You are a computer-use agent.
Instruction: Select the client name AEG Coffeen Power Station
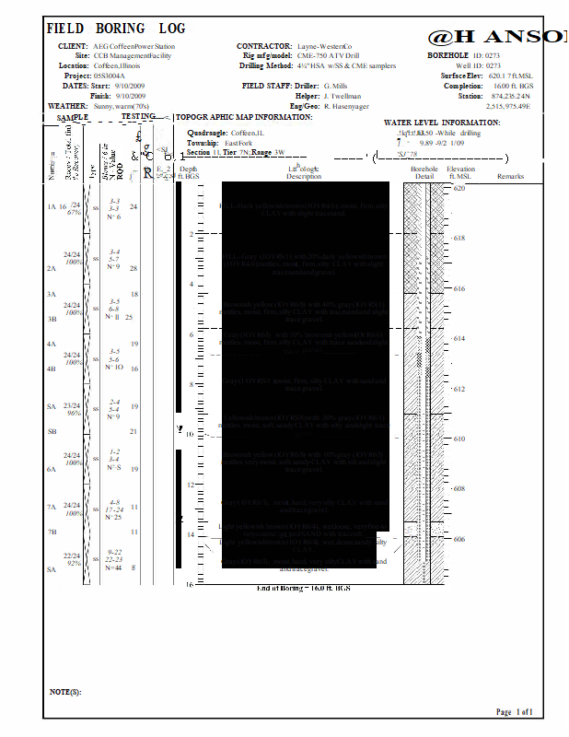coord(134,46)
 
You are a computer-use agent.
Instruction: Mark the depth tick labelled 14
coord(190,534)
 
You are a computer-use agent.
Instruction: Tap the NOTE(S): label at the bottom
coord(65,691)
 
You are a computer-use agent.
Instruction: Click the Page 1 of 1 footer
coord(515,712)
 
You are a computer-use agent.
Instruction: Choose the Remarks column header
coord(510,176)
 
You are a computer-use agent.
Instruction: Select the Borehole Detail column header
coord(424,173)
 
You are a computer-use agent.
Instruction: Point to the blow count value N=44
coord(114,567)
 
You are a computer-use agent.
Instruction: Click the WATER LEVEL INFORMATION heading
coord(442,123)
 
